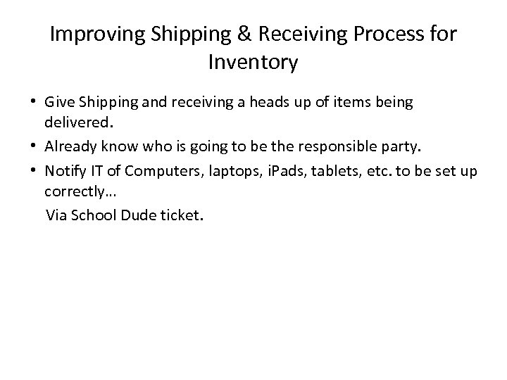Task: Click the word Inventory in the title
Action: click(254, 63)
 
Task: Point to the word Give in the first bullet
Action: click(57, 103)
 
